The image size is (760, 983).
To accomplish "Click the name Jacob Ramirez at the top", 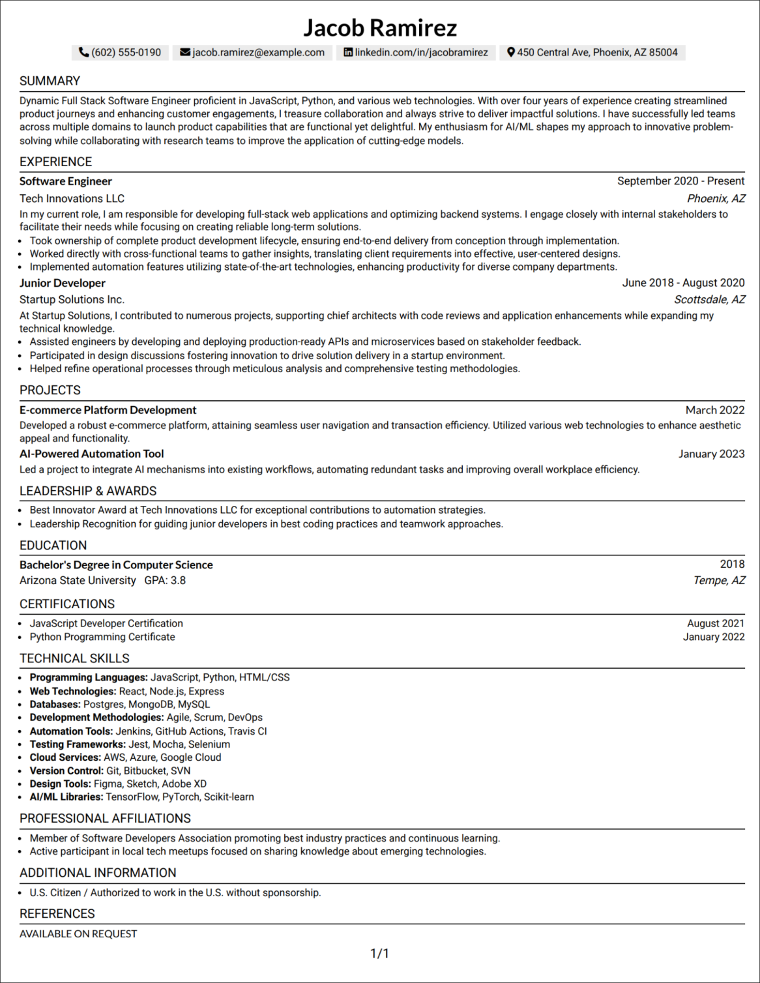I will point(380,28).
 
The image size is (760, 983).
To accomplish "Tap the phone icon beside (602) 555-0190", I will point(83,52).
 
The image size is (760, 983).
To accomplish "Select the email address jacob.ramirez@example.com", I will point(258,52).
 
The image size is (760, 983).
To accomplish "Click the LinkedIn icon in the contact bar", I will point(348,52).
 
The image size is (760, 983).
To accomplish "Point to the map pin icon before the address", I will point(511,52).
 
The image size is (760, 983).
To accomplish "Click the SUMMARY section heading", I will point(50,81).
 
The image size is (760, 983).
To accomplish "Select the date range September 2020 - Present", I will point(680,181).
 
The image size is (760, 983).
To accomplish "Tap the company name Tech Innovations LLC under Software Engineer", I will point(72,199).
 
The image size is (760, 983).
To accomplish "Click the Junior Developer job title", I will point(62,283).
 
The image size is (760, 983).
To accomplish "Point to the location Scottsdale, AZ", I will point(709,300).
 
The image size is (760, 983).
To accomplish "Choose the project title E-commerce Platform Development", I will point(108,410).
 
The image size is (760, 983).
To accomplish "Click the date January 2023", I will point(711,454).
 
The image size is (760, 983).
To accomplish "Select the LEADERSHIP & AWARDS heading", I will point(88,491).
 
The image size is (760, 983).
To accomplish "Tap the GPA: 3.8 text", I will point(165,580).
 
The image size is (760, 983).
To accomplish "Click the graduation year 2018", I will point(732,564).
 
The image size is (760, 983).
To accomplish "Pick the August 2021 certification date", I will point(715,623).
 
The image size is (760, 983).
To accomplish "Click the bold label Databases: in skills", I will point(55,705).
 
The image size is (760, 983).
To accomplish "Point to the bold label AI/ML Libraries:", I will point(66,797).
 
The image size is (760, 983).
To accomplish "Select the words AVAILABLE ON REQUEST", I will point(78,933).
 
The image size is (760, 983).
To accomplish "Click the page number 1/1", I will point(379,954).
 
